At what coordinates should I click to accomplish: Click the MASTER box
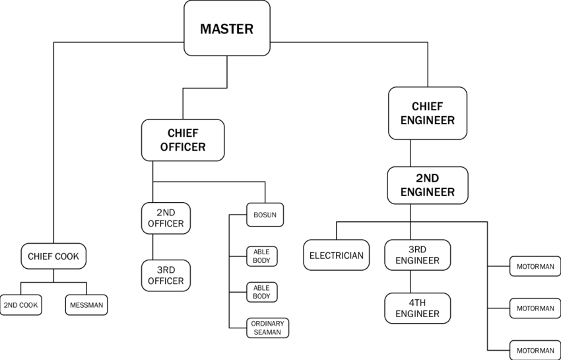227,28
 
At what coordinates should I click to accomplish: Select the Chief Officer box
183,140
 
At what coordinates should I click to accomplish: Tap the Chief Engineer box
428,113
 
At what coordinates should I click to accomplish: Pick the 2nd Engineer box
428,185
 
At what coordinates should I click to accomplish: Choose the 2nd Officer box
166,218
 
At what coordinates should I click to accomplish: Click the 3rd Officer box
166,275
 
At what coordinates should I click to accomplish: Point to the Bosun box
265,215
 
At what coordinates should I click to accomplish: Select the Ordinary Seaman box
267,328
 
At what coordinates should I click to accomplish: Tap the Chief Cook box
53,256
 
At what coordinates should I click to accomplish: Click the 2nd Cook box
20,305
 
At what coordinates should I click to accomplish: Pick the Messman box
86,305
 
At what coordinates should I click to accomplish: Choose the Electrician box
337,255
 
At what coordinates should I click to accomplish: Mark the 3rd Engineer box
418,255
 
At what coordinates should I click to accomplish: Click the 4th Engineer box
418,308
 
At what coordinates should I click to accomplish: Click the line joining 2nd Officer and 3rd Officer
152,247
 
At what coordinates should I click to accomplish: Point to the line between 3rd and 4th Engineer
411,282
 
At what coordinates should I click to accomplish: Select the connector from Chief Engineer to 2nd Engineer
411,153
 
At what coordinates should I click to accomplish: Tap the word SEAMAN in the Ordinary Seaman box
267,332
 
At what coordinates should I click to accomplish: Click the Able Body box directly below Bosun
261,256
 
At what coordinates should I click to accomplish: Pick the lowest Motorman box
535,350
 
